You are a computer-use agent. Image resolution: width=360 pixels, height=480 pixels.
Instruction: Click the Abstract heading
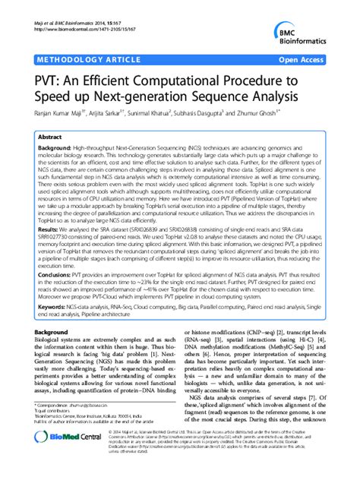pos(50,137)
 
